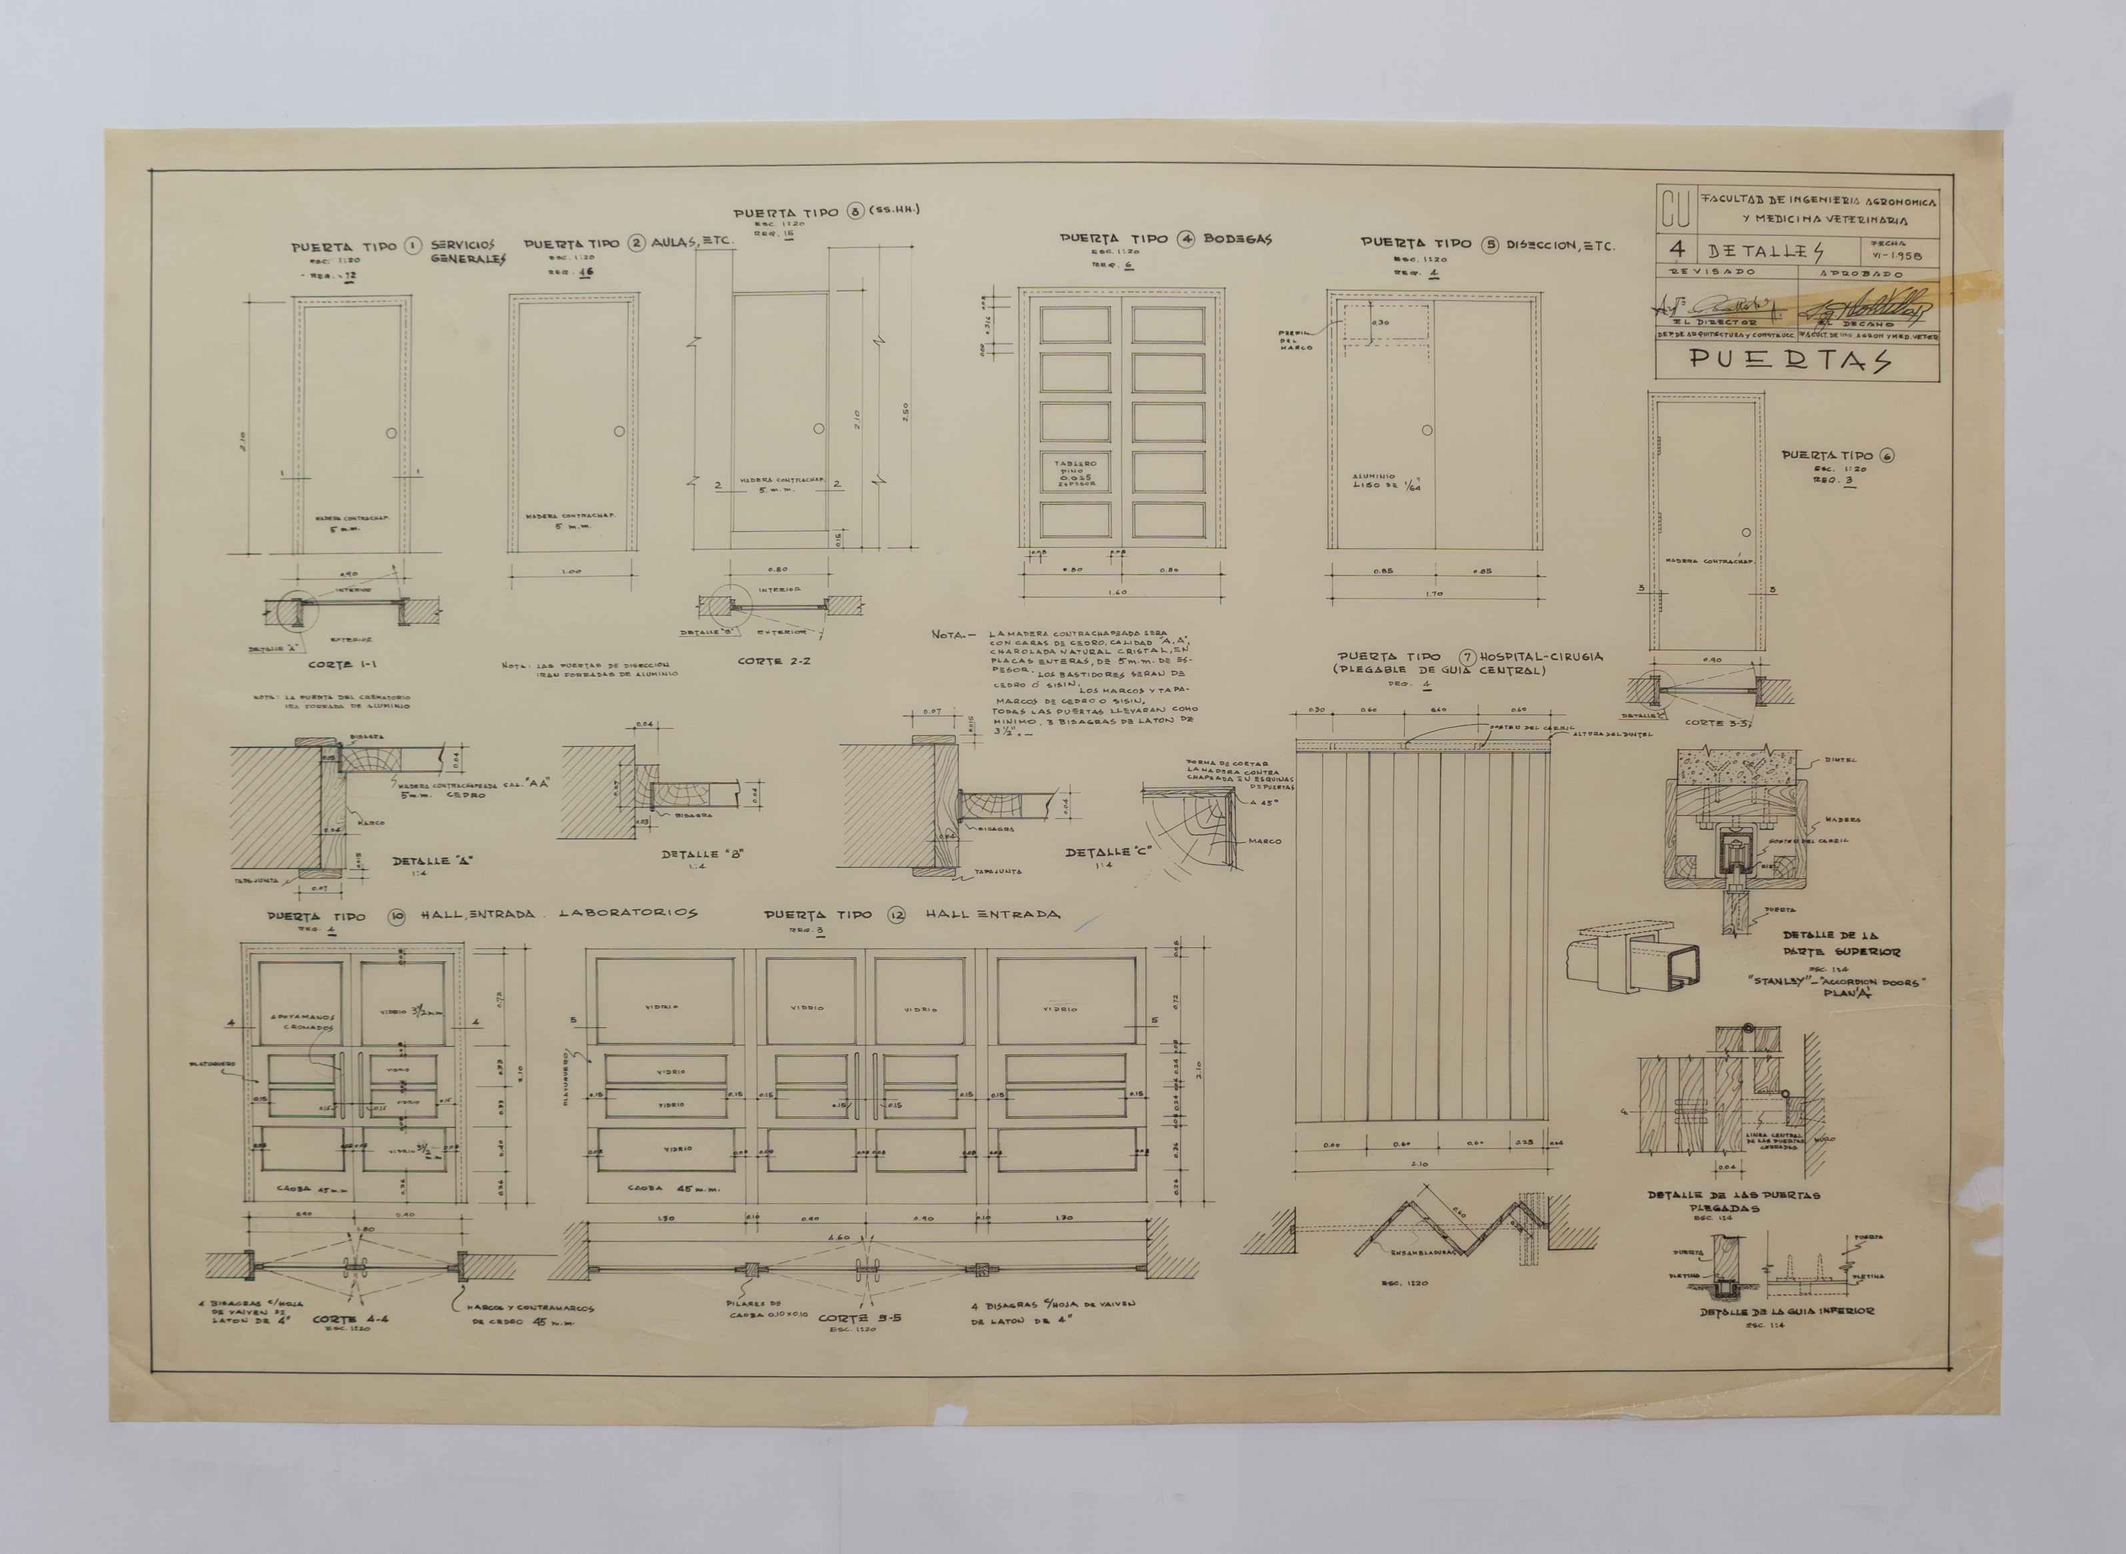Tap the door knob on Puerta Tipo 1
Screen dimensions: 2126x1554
click(391, 433)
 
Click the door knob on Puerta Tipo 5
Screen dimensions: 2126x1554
click(1427, 430)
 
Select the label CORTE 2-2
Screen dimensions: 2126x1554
click(774, 661)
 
